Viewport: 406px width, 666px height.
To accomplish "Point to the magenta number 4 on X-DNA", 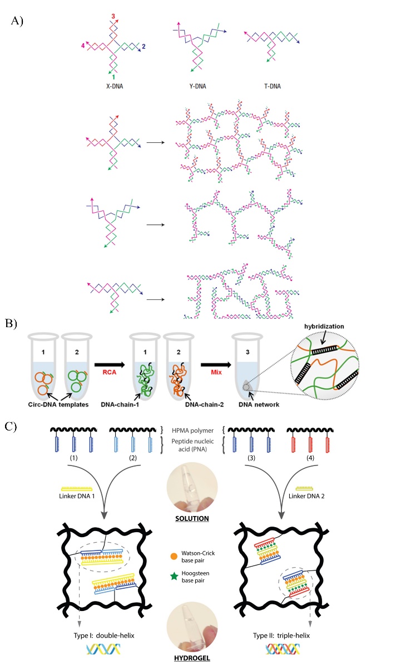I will [x=82, y=47].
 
